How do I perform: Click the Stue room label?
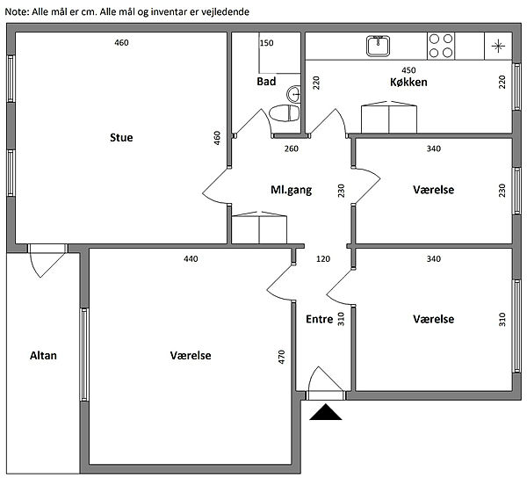121,138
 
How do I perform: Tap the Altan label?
43,355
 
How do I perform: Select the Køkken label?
408,82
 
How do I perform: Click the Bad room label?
266,82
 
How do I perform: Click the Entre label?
319,320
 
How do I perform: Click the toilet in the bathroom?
283,114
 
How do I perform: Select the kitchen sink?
379,45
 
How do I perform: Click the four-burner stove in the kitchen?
441,45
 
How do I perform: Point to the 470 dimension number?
282,357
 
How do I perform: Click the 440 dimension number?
191,259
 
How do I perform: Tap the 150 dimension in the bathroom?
266,44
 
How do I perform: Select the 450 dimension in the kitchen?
408,70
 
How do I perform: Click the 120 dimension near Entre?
322,259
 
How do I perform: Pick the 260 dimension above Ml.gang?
292,148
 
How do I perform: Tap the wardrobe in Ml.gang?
259,227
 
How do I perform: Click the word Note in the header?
18,11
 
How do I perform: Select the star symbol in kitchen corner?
497,46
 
